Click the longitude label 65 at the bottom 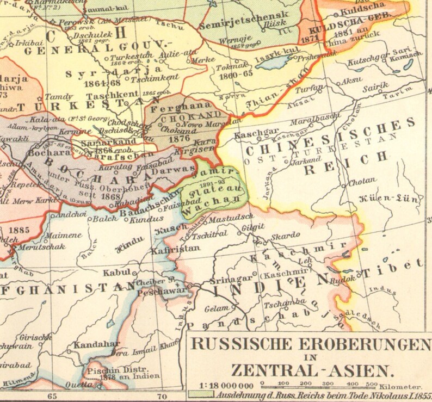pyautogui.click(x=52, y=397)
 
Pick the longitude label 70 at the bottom pyautogui.click(x=162, y=397)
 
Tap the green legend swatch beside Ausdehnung pyautogui.click(x=201, y=395)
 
